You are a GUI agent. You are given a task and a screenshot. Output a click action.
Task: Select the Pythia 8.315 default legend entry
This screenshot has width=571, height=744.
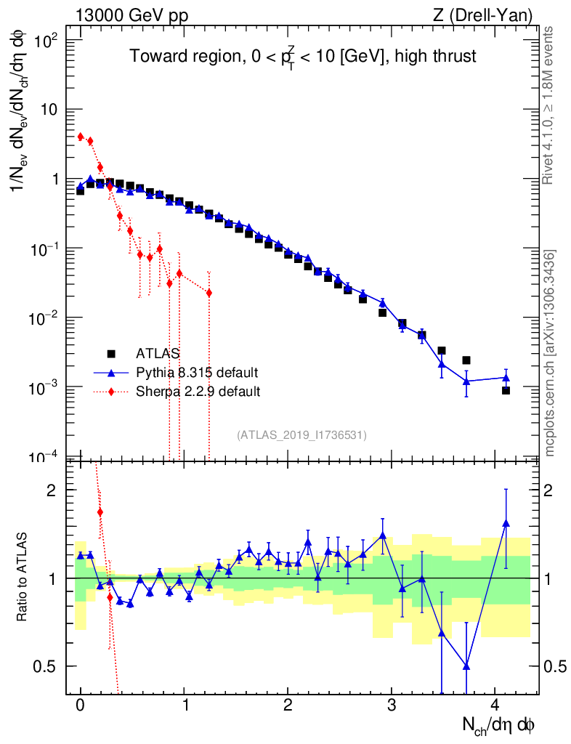(197, 373)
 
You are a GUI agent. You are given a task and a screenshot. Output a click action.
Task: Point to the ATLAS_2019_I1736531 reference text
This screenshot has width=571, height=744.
(301, 435)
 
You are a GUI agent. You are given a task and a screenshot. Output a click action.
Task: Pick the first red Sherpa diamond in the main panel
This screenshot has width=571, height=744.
(81, 136)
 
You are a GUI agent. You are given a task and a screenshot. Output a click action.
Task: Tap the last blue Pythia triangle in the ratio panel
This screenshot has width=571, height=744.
(506, 523)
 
